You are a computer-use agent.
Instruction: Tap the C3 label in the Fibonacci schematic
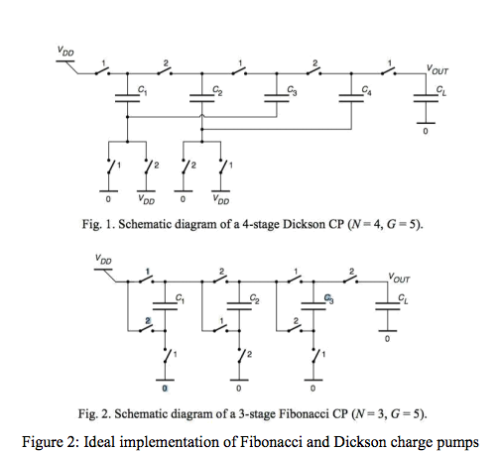[x=329, y=298]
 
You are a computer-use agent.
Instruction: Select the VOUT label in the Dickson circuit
[x=438, y=68]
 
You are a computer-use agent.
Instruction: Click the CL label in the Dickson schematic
[x=442, y=91]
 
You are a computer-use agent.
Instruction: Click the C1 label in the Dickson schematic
[x=143, y=91]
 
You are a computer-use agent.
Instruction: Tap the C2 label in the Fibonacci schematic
[x=255, y=298]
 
